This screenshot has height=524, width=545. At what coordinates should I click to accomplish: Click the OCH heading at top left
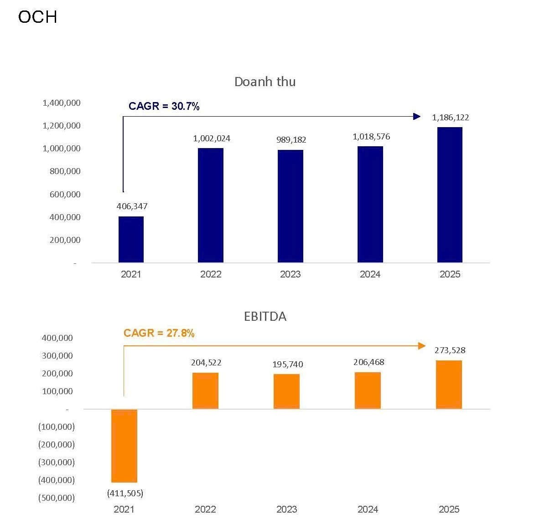pyautogui.click(x=37, y=17)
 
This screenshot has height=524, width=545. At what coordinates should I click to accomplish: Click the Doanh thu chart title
pyautogui.click(x=265, y=82)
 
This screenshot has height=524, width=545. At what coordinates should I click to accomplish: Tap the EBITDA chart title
pyautogui.click(x=265, y=316)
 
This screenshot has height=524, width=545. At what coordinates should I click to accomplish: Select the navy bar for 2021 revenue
pyautogui.click(x=131, y=239)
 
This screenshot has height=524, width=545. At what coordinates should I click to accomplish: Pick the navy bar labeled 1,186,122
pyautogui.click(x=449, y=195)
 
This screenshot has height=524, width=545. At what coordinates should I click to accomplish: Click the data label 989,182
pyautogui.click(x=291, y=140)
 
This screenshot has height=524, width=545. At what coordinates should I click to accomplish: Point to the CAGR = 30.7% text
pyautogui.click(x=164, y=106)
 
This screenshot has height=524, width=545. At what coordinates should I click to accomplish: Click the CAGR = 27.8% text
pyautogui.click(x=159, y=333)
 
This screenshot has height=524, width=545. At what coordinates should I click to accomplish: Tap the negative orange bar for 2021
pyautogui.click(x=124, y=446)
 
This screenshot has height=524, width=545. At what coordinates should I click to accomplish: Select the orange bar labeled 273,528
pyautogui.click(x=449, y=385)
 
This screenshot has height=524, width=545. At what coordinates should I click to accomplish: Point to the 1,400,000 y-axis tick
pyautogui.click(x=62, y=103)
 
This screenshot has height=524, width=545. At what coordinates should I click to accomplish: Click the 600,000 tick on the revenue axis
pyautogui.click(x=65, y=195)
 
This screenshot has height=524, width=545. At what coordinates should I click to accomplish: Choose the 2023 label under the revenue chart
pyautogui.click(x=290, y=274)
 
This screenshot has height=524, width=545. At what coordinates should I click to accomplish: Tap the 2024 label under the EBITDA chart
pyautogui.click(x=368, y=509)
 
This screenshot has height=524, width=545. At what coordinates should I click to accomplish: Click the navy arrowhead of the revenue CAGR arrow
pyautogui.click(x=416, y=116)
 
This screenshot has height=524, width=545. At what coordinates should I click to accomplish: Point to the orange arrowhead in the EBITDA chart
pyautogui.click(x=422, y=346)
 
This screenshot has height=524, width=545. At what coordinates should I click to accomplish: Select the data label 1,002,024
pyautogui.click(x=212, y=139)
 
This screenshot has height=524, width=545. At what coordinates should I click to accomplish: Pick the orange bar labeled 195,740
pyautogui.click(x=286, y=391)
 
